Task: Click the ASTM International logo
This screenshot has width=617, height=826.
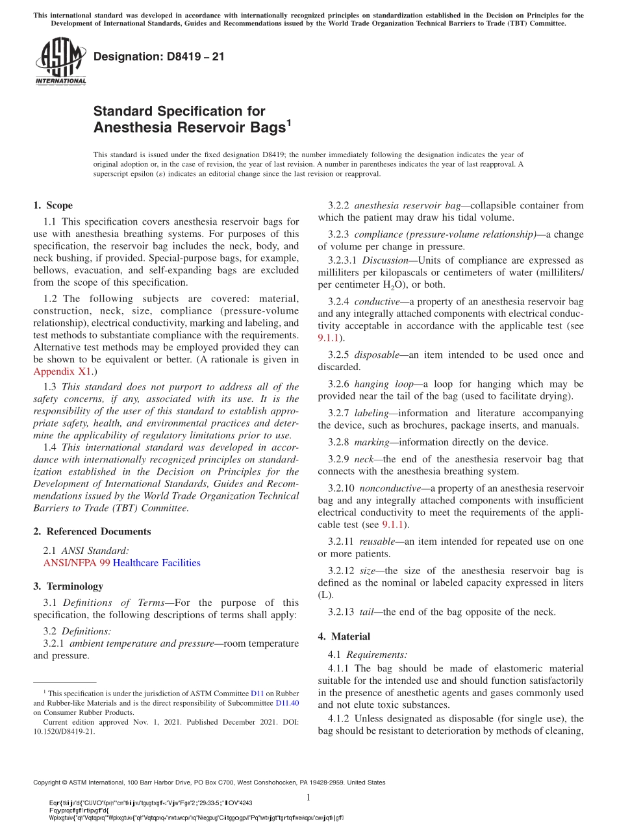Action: pos(60,61)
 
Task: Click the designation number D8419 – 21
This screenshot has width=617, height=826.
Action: pos(159,57)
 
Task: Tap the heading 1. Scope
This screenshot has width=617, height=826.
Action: pos(53,206)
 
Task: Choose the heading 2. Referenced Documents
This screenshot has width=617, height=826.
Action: pos(92,531)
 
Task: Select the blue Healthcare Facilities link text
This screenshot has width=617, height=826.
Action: pos(157,563)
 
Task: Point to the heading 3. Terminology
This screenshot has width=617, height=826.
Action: pos(68,586)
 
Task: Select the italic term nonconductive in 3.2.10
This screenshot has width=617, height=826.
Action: pos(389,488)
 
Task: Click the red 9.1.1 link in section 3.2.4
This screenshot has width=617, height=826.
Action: pos(329,338)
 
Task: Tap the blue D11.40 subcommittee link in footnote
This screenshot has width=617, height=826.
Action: pos(287,703)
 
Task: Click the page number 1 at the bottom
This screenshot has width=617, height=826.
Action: pos(308,797)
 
